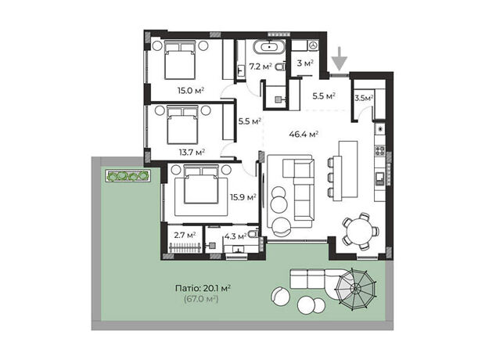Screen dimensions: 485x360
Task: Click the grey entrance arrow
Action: (x=339, y=59)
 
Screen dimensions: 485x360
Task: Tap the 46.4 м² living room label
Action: (x=304, y=135)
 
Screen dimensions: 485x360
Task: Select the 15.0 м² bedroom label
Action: (x=191, y=91)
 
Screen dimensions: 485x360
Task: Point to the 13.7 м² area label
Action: (x=192, y=153)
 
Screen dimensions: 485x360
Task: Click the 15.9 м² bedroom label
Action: (x=242, y=197)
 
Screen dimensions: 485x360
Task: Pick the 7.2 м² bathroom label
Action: (x=260, y=67)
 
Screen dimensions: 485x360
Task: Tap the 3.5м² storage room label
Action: (x=364, y=99)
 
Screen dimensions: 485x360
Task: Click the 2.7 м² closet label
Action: (x=185, y=236)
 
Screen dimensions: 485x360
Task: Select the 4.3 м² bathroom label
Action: (x=235, y=237)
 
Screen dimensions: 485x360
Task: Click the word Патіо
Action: (x=188, y=289)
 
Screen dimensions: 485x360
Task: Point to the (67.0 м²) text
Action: (x=201, y=299)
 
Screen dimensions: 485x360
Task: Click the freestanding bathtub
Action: (x=269, y=47)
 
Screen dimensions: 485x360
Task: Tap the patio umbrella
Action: (x=356, y=289)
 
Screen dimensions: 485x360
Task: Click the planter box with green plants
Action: (x=128, y=176)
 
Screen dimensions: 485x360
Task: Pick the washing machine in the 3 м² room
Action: (x=314, y=45)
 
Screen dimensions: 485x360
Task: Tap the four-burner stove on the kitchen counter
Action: (x=380, y=151)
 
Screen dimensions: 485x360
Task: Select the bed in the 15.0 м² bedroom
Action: (x=180, y=60)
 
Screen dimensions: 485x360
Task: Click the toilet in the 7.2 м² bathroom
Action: (x=281, y=67)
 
